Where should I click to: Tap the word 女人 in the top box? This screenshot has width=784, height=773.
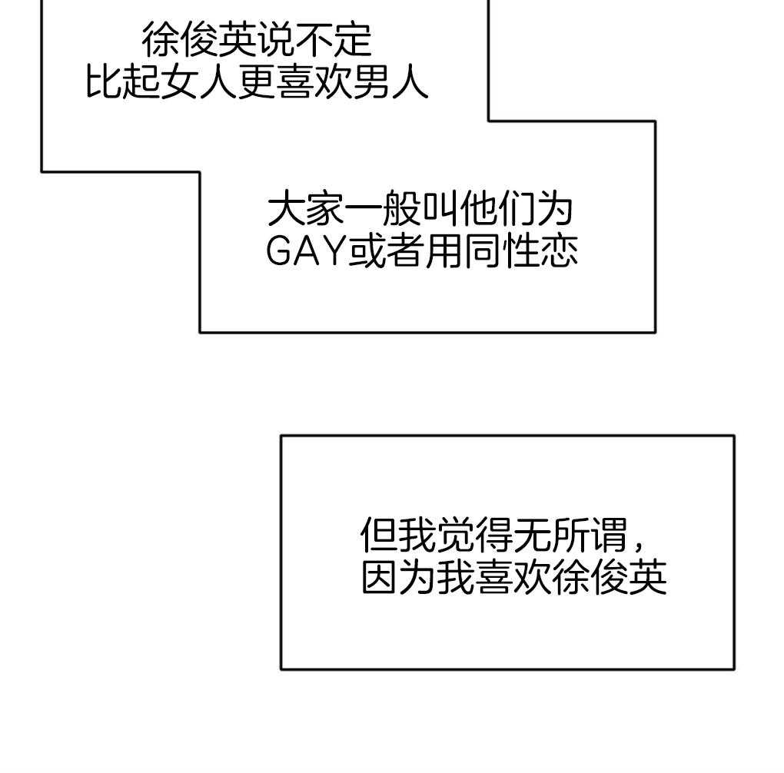200,81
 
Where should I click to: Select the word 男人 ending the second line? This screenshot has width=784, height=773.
390,81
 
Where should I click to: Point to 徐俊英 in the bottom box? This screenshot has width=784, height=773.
610,578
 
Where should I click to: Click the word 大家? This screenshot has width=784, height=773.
306,210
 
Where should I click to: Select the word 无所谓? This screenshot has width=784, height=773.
571,536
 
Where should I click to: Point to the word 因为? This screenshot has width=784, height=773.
399,578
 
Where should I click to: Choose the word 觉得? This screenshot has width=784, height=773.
476,536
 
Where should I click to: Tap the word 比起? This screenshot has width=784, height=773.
124,81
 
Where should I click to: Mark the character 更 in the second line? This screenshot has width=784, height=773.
257,81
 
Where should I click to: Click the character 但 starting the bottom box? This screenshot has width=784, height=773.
380,536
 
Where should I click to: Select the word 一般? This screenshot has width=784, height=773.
383,210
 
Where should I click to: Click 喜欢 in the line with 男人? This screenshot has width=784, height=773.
314,81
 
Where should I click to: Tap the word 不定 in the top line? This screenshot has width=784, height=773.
334,39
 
